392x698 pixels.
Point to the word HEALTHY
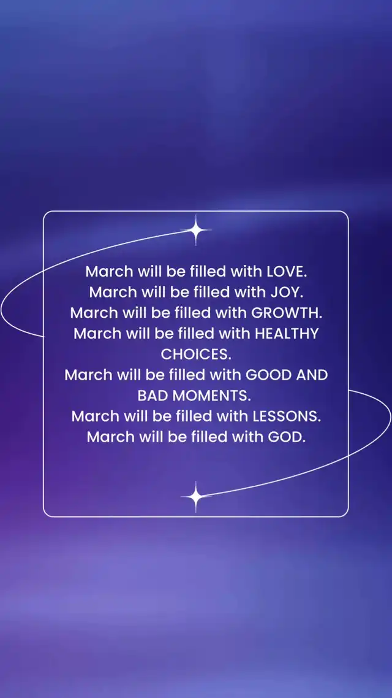click(x=286, y=334)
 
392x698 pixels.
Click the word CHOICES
click(x=196, y=355)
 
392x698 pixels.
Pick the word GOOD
click(x=268, y=375)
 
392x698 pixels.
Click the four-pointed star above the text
click(x=195, y=230)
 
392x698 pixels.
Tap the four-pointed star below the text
click(x=195, y=496)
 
